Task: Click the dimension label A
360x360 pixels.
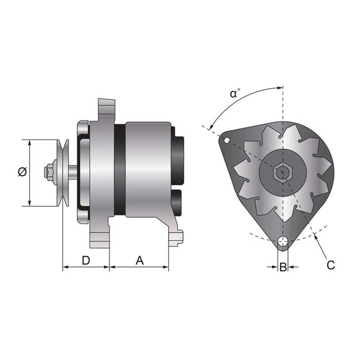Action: coord(139,260)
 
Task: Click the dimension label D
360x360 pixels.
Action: coord(86,260)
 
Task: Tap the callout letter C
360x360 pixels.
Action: coord(331,265)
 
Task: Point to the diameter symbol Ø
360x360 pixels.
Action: coord(22,172)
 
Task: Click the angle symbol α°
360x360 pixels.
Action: coord(235,94)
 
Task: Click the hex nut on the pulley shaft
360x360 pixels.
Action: coord(50,172)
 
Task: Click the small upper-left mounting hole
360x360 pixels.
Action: coord(226,139)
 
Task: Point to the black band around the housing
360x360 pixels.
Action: coord(119,170)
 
